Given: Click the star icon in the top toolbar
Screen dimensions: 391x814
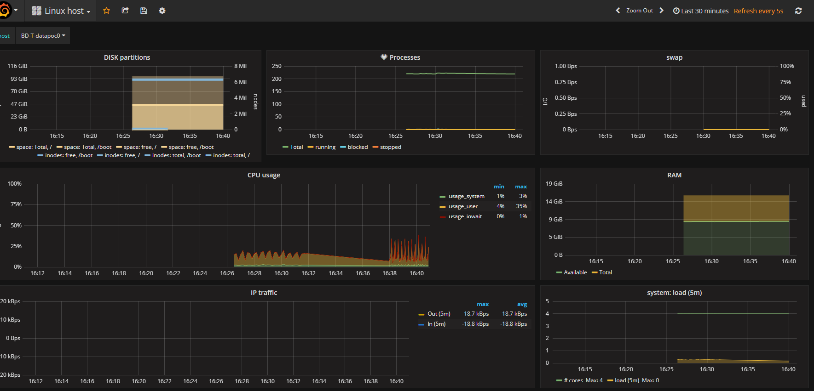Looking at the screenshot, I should pos(106,11).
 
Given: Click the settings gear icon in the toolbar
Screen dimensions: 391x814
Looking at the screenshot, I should pos(162,11).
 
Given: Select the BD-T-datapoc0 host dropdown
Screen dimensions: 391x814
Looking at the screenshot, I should pos(43,36).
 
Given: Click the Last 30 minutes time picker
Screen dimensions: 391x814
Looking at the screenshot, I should pos(701,11).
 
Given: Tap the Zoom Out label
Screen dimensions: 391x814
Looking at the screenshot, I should pos(639,11).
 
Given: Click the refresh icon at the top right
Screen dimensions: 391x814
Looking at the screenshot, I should pos(798,11).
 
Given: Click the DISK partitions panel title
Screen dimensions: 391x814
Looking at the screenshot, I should pos(127,57).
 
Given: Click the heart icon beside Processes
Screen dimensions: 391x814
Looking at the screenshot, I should pos(384,57).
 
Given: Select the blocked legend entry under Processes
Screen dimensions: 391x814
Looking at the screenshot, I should pos(357,147).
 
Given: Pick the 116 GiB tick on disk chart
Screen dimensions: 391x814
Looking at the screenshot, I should pos(17,66).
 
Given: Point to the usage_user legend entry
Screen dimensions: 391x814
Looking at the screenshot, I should pos(463,206).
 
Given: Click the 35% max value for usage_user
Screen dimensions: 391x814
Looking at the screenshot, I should pos(521,206).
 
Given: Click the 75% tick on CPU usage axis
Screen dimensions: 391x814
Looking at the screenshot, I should pos(16,204).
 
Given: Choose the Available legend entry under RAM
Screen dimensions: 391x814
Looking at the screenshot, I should pos(575,272).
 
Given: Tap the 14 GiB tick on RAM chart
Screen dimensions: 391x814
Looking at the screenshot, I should pos(554,202).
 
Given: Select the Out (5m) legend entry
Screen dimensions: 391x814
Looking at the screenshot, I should pos(439,314).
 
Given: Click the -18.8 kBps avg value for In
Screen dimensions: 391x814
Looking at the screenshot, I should pos(514,324).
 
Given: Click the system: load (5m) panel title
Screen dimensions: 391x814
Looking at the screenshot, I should pos(674,293).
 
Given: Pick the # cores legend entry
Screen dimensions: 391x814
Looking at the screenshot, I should pos(573,380).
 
